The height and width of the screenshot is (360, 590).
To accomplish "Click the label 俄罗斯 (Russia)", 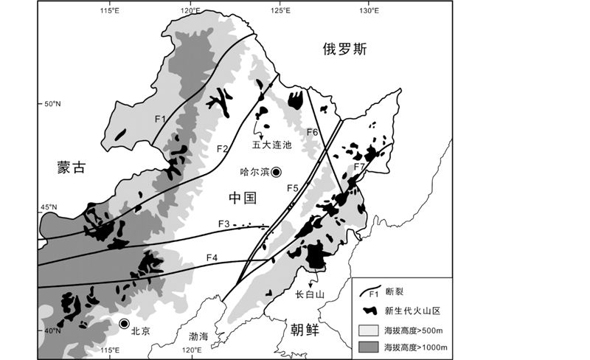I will tap(344, 49).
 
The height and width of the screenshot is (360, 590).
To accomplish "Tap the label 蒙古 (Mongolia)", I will tap(72, 167).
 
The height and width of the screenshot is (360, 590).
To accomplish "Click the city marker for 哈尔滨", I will tap(276, 172).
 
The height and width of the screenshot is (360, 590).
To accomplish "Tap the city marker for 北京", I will tap(125, 324).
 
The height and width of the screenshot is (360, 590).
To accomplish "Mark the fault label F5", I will tap(293, 189).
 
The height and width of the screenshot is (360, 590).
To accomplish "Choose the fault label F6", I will tap(313, 132).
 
